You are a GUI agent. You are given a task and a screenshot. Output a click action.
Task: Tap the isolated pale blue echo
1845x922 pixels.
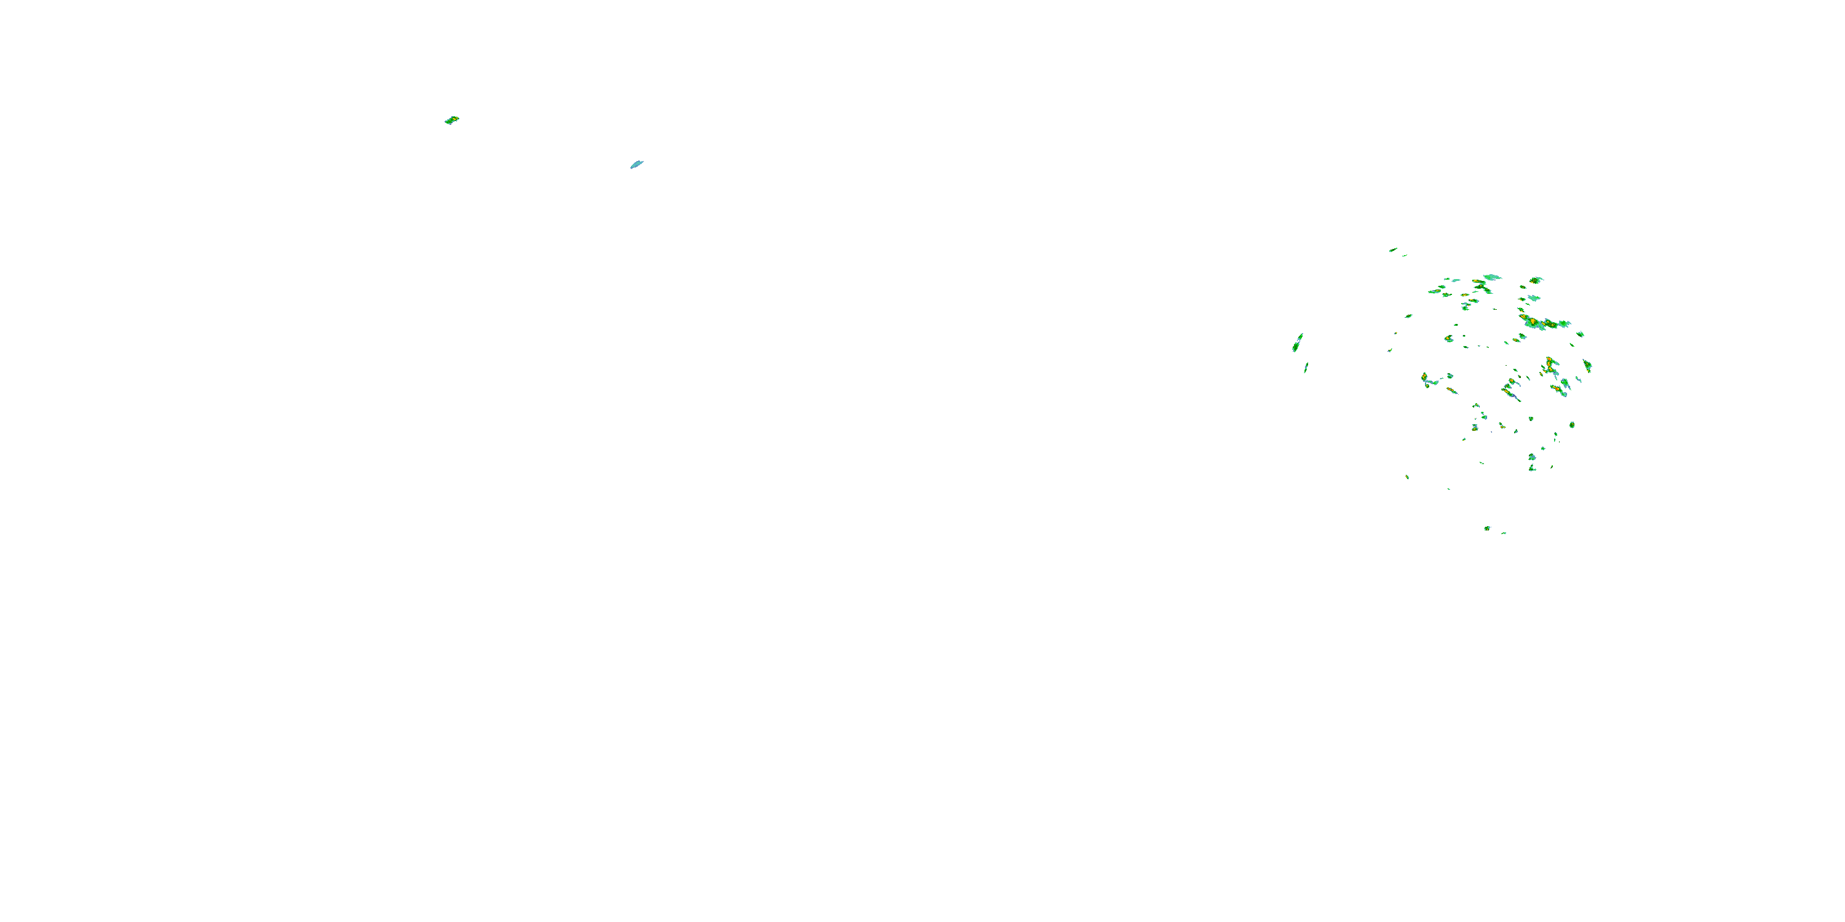636,165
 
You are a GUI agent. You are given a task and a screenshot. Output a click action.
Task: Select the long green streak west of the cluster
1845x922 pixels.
1297,343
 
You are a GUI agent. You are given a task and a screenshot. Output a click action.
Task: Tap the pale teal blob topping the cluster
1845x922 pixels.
1493,277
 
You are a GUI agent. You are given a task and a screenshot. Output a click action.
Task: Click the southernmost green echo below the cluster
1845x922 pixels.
1487,528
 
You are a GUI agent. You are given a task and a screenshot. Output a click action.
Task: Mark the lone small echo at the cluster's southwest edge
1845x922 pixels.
1407,477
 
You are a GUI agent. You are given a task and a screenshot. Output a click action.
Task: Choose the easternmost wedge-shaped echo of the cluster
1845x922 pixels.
1587,366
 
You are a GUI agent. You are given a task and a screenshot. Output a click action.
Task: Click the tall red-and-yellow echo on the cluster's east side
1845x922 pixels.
1550,366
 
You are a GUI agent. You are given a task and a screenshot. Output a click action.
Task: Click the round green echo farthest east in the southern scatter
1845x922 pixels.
1571,425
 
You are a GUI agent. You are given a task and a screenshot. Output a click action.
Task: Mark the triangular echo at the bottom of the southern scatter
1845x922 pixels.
1532,468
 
